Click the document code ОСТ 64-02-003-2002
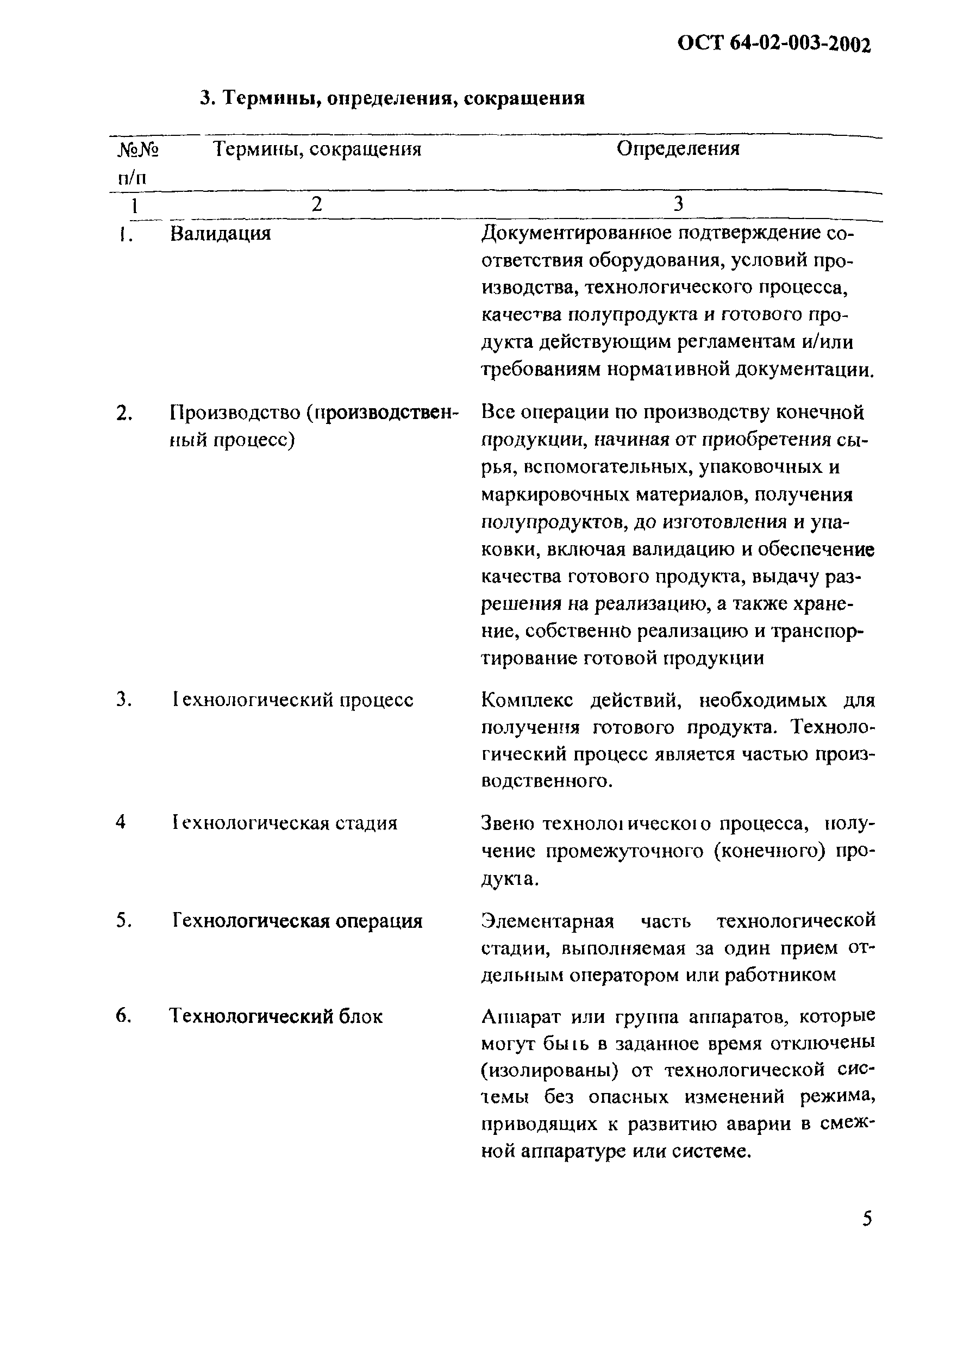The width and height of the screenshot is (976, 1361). click(773, 44)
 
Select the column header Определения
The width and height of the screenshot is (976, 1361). click(678, 148)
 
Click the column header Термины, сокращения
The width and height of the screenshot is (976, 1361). click(317, 149)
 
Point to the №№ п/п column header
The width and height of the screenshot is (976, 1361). click(137, 163)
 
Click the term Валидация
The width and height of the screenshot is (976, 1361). click(220, 233)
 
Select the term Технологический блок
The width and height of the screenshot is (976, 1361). click(276, 1016)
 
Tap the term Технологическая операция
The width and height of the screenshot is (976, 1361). click(298, 921)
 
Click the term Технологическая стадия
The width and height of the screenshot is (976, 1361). click(284, 823)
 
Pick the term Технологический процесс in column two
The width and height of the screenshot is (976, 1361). click(292, 700)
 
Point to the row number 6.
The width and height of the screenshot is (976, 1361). click(123, 1016)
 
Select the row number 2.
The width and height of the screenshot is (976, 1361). click(123, 414)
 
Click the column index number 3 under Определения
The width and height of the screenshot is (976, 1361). click(678, 204)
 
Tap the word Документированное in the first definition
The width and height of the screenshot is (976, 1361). click(576, 233)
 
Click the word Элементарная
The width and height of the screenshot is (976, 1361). click(547, 921)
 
